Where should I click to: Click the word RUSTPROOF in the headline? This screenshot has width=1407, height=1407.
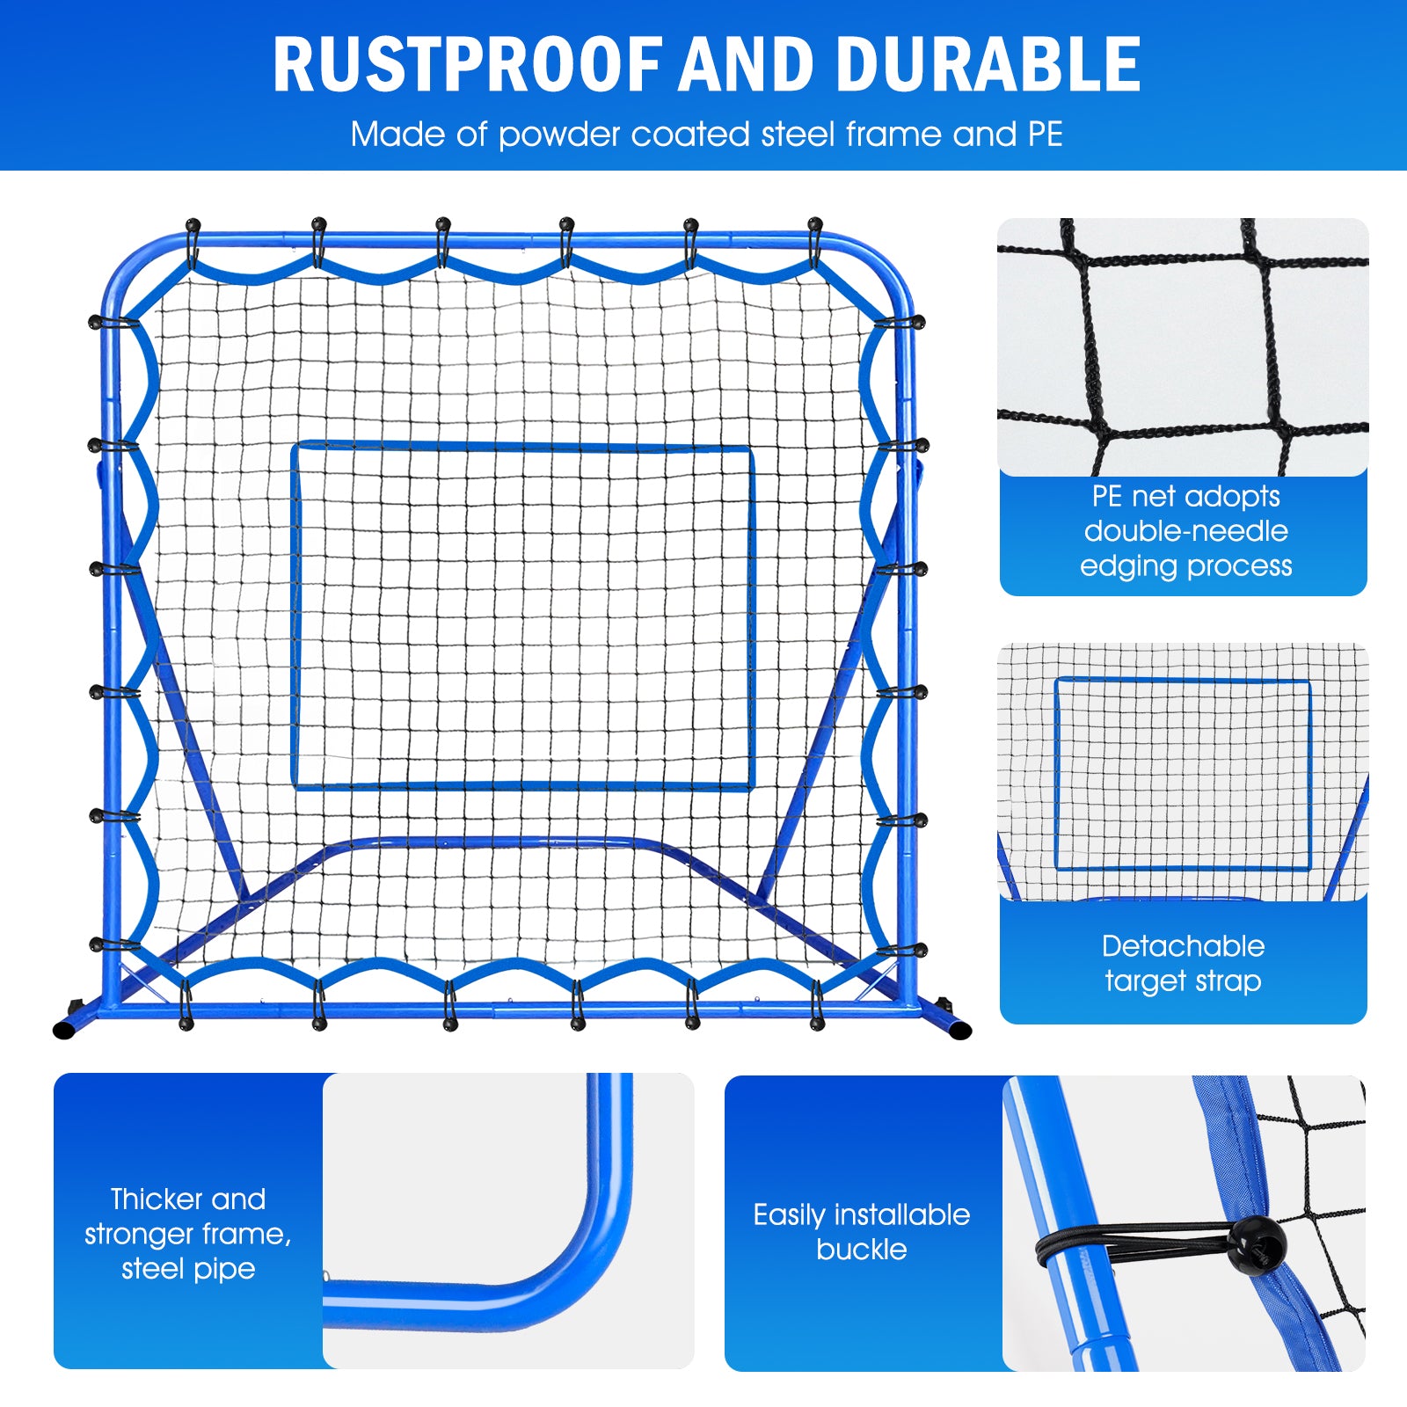tap(467, 65)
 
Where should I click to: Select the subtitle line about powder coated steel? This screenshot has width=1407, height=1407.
tap(706, 135)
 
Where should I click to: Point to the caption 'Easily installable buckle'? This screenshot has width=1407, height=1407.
tap(861, 1231)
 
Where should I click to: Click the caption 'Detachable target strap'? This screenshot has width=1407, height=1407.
tap(1183, 963)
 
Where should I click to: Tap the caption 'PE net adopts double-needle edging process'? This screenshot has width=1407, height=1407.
tap(1185, 531)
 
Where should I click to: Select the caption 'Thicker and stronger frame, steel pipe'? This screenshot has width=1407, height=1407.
tap(187, 1233)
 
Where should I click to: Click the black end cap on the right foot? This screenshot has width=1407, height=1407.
tap(960, 1030)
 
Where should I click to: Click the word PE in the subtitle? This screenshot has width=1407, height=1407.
tap(1045, 135)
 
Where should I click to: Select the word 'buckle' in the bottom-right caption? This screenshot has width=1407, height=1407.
tap(861, 1250)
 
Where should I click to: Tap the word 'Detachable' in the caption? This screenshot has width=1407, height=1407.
tap(1183, 946)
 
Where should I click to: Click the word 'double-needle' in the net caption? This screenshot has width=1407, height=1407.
tap(1185, 531)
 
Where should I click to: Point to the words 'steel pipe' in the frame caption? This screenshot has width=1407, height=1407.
tap(188, 1269)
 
